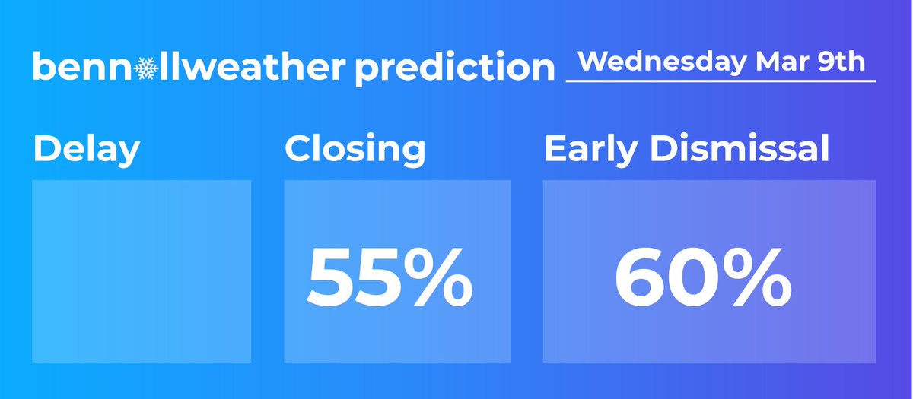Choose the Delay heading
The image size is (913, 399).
[86, 150]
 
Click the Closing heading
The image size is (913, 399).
[355, 150]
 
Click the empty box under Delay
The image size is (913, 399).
[142, 271]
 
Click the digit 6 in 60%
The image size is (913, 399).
[643, 276]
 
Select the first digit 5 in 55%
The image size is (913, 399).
[332, 276]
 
